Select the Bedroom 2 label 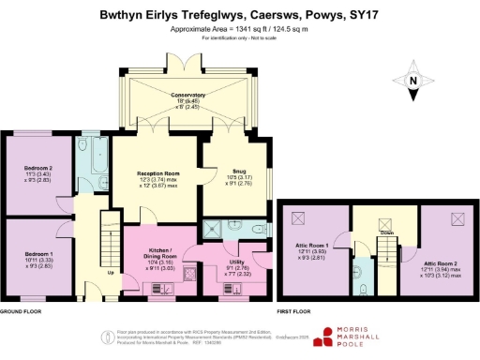click(x=38, y=169)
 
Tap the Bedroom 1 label click(x=38, y=254)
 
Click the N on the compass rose click(x=413, y=81)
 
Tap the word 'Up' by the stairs click(x=112, y=273)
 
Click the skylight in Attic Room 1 click(x=301, y=218)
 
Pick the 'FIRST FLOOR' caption click(x=296, y=309)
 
